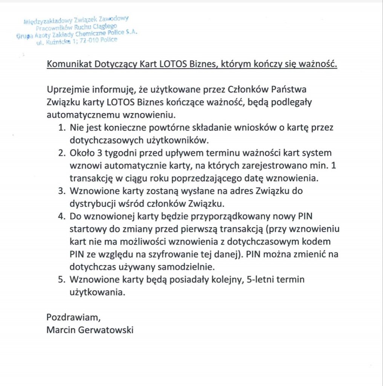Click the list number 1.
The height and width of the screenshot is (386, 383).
pos(61,128)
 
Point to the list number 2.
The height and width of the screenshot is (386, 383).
pos(61,153)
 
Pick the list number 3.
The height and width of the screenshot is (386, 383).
pos(61,191)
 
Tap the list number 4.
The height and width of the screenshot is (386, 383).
pos(61,217)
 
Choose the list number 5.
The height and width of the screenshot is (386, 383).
pos(61,280)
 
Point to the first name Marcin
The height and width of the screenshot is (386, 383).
pos(60,330)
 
